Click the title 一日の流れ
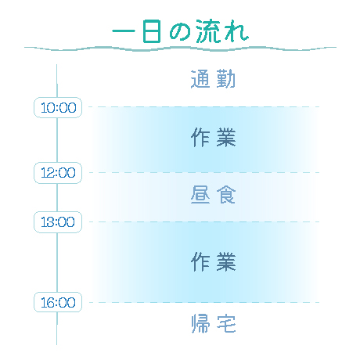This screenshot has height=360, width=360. pos(180,31)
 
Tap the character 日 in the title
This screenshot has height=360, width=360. pos(152,31)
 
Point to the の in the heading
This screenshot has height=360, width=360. pos(181,33)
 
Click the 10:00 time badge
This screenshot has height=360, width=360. pos(58,107)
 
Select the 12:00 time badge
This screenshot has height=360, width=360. pos(58,173)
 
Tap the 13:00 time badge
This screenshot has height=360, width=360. pos(58,222)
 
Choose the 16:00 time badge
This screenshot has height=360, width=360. pos(58,302)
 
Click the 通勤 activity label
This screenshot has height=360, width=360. pos(213,79)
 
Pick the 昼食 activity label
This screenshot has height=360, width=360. pos(213,195)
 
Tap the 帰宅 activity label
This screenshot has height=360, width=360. pos(214,323)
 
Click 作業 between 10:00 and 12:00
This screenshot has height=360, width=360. pos(214,137)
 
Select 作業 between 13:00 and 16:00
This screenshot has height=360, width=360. pos(214,261)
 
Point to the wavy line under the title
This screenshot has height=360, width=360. pos(180,49)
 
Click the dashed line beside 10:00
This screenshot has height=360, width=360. pos(204,106)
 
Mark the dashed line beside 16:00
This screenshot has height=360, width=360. pos(204,302)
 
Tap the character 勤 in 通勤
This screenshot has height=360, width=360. pos(226,79)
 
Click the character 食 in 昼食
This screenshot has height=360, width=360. pos(226,195)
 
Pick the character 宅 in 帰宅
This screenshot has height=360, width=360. pos(226,323)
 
